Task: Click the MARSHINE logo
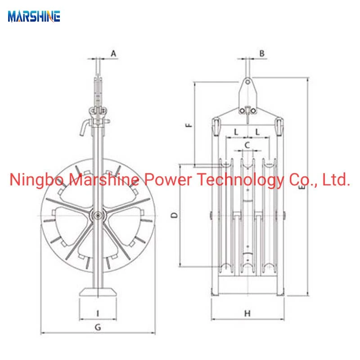[x=34, y=17]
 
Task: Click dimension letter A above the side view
[x=113, y=54]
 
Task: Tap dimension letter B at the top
[x=262, y=54]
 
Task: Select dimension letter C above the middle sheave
[x=247, y=145]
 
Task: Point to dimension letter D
[x=175, y=215]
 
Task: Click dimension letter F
[x=189, y=125]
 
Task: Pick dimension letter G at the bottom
[x=98, y=327]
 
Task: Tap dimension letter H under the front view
[x=247, y=313]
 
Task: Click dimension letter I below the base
[x=98, y=313]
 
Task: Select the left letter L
[x=236, y=132]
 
